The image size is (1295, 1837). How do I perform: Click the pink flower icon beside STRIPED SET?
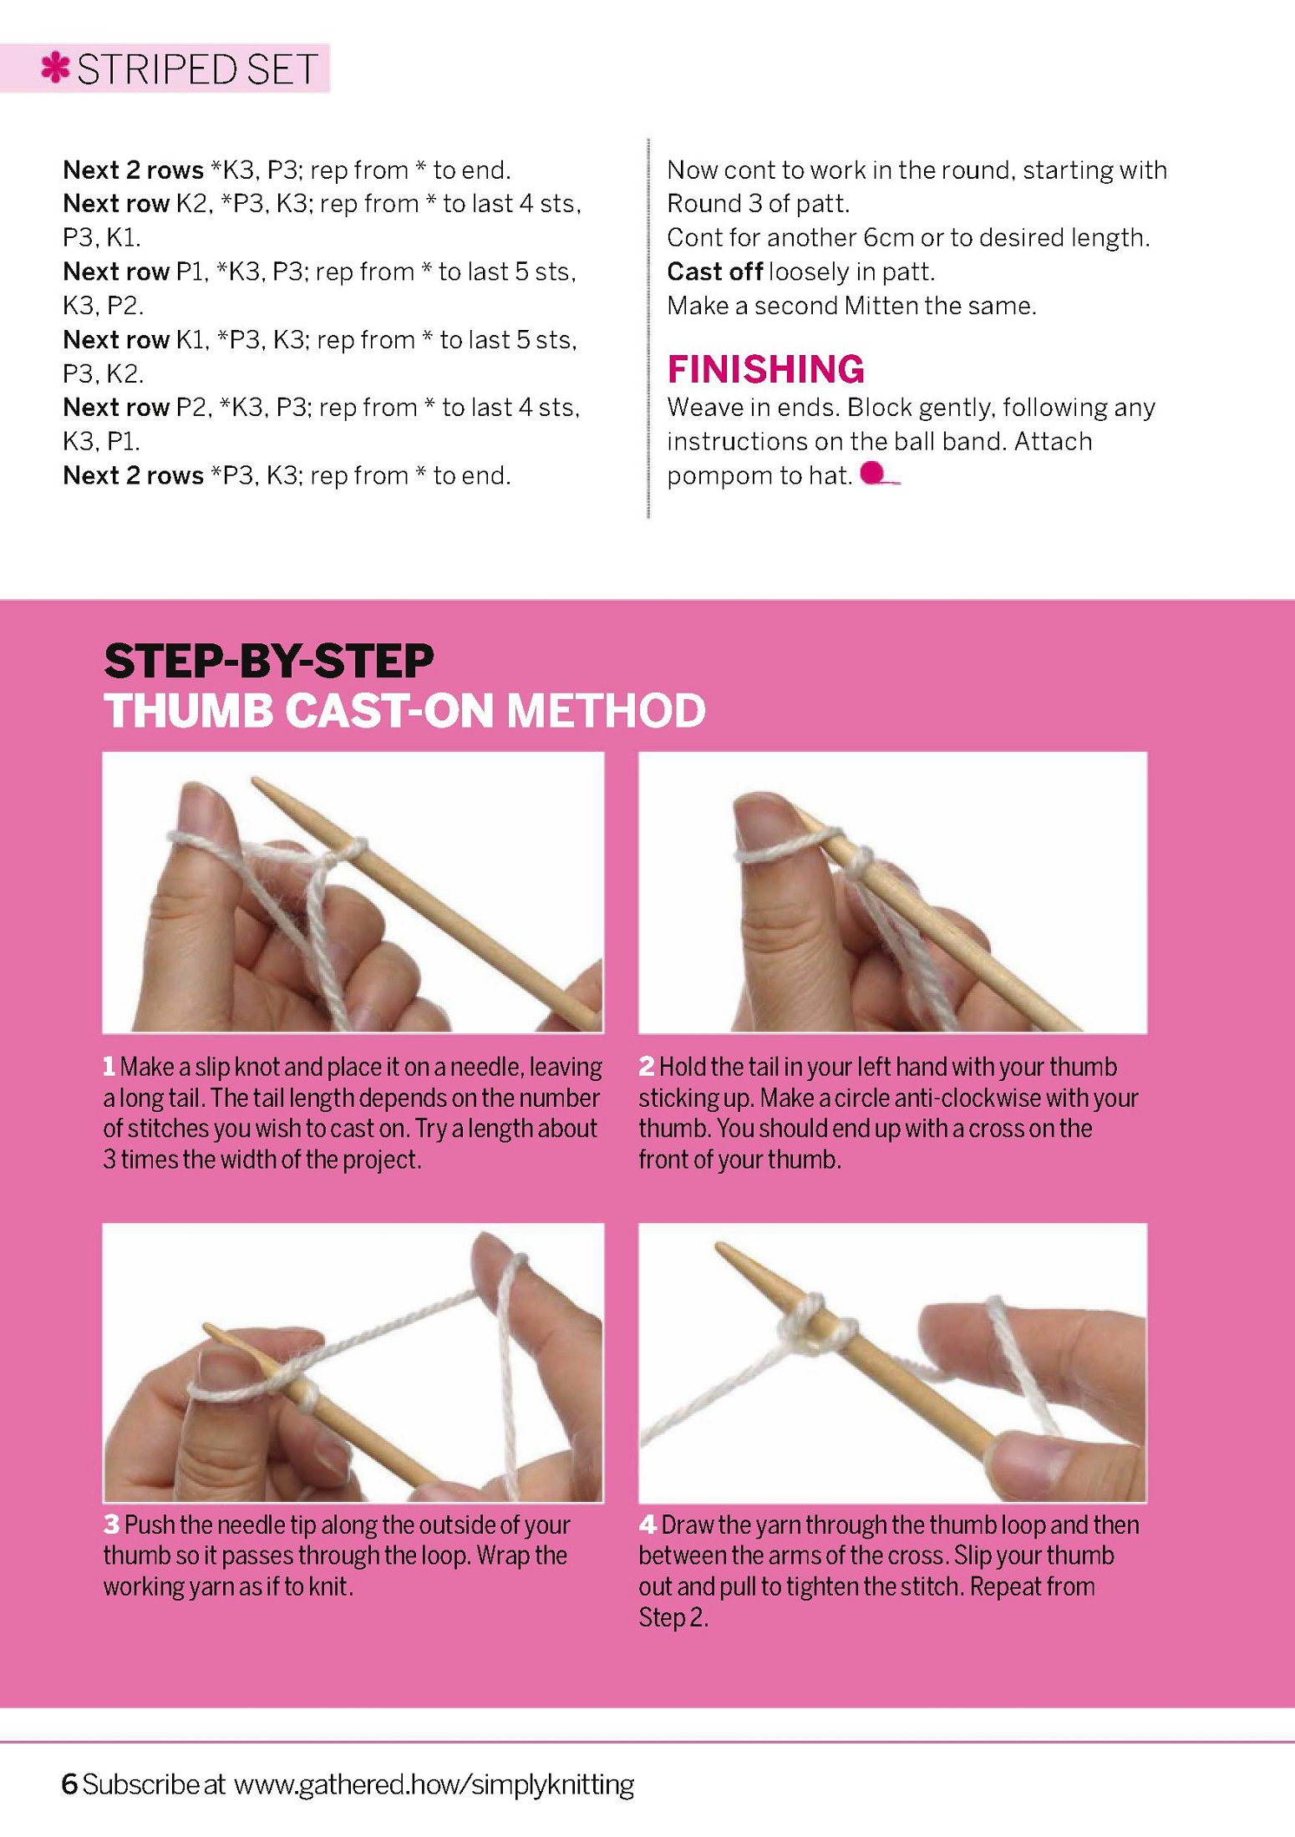pos(55,68)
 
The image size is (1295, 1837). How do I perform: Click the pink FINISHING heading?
pos(765,369)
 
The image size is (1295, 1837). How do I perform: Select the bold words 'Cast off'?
pos(714,271)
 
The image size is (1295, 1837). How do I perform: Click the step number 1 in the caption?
pos(109,1067)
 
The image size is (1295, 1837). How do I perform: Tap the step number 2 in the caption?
pos(647,1067)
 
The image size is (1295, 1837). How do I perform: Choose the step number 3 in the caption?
pos(111,1525)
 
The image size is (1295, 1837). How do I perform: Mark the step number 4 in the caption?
pos(647,1525)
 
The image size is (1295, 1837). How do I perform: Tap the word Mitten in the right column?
pos(886,306)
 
